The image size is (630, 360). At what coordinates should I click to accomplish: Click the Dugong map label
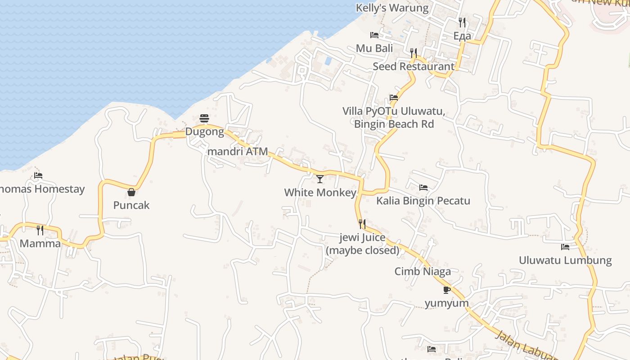pos(205,132)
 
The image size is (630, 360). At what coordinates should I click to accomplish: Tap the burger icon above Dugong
pos(204,118)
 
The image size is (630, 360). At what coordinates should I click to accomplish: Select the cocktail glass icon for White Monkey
pos(320,179)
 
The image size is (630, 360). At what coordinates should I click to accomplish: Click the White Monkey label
pos(320,193)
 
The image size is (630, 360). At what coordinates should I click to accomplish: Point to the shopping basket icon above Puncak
pos(131,192)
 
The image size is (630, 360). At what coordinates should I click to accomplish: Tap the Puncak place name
pos(131,205)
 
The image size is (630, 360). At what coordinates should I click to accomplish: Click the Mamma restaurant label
pos(40,243)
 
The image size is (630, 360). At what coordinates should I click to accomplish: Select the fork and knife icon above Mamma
pos(40,230)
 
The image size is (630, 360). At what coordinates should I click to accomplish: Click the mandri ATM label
pos(238,152)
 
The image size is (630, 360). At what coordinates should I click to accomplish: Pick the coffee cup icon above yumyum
pos(447,290)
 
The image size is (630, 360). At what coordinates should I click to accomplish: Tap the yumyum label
pos(447,303)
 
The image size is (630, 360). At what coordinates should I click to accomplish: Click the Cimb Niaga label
pos(423,271)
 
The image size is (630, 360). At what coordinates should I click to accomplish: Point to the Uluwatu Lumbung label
pos(565,260)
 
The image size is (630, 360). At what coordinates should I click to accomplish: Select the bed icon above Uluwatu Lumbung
pos(565,247)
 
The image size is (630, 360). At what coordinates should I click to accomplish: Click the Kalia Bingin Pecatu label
pos(423,201)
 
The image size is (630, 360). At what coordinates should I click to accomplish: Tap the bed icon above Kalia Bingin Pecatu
pos(423,188)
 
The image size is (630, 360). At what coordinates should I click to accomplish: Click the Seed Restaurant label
pos(414,66)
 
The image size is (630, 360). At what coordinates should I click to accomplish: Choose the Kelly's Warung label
pos(392,8)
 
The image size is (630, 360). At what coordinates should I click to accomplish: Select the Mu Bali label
pos(374,48)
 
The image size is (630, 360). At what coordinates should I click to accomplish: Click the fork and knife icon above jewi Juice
pos(362,224)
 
